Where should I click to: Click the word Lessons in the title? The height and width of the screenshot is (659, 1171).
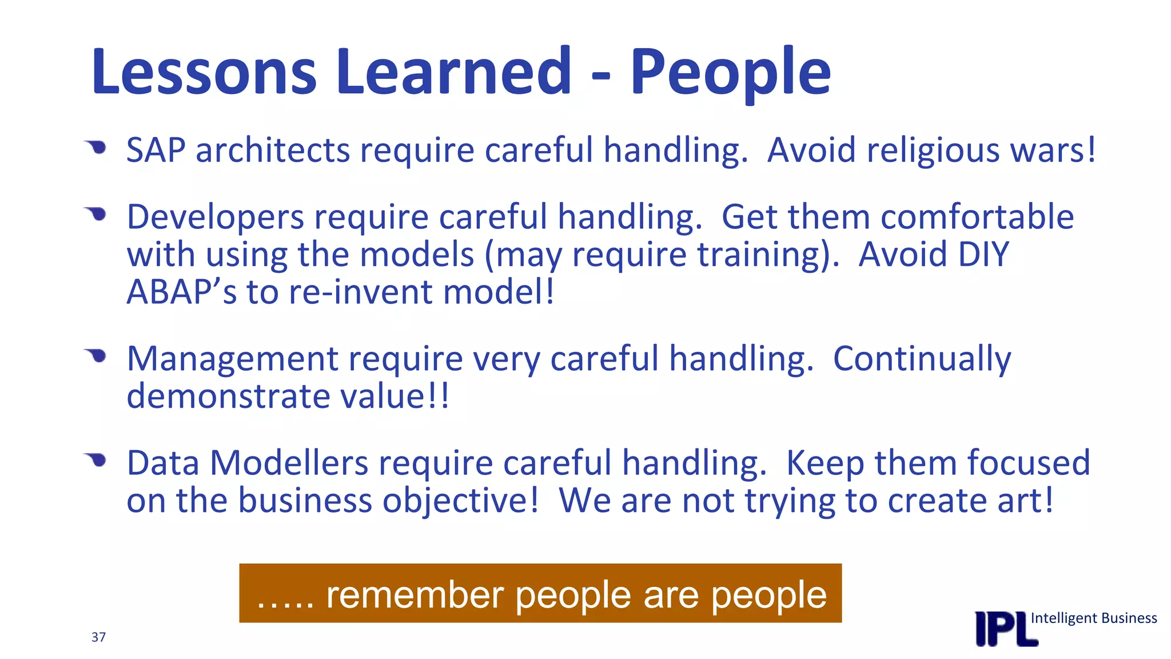204,72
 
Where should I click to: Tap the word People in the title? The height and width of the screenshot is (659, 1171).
730,72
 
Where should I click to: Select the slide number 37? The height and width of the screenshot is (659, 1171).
98,637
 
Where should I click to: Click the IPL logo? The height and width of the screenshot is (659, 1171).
1005,629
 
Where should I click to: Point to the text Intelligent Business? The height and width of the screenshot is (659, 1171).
1093,618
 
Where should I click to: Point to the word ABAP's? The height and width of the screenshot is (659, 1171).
181,292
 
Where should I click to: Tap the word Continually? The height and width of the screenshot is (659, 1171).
922,359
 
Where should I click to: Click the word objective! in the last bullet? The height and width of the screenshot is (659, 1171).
460,500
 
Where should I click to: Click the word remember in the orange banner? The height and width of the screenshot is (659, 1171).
415,595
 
